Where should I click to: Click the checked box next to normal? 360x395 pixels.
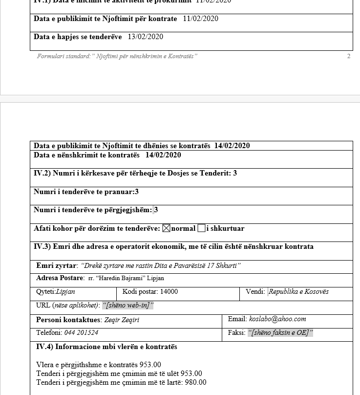[x=166, y=228]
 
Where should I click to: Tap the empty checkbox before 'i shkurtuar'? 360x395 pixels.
[x=201, y=228]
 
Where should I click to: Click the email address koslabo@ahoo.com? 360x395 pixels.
[x=277, y=319]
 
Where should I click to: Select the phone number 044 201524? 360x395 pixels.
[x=81, y=333]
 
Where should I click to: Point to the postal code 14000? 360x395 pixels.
[x=169, y=292]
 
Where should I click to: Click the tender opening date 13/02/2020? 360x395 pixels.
[x=146, y=37]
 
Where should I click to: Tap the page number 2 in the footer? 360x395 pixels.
[x=349, y=56]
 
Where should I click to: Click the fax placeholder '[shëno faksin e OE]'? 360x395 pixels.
[x=280, y=333]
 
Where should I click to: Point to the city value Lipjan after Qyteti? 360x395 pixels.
[x=65, y=292]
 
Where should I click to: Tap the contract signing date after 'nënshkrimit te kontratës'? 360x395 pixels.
[x=163, y=155]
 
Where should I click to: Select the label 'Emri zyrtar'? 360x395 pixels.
[x=56, y=266]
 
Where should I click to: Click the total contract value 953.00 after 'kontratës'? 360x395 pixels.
[x=150, y=365]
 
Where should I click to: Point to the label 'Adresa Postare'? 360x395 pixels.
[x=60, y=278]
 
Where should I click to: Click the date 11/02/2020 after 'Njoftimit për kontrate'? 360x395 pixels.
[x=201, y=19]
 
